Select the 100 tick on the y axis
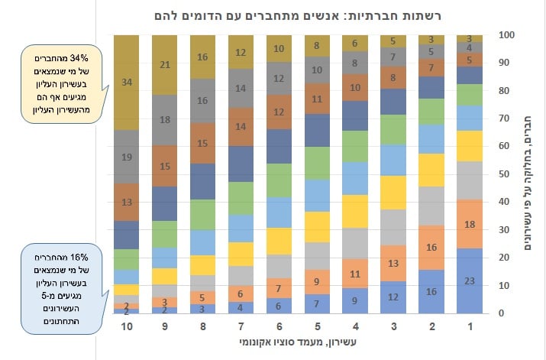coord(505,35)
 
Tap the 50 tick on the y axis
coord(505,174)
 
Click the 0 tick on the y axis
coord(502,313)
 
